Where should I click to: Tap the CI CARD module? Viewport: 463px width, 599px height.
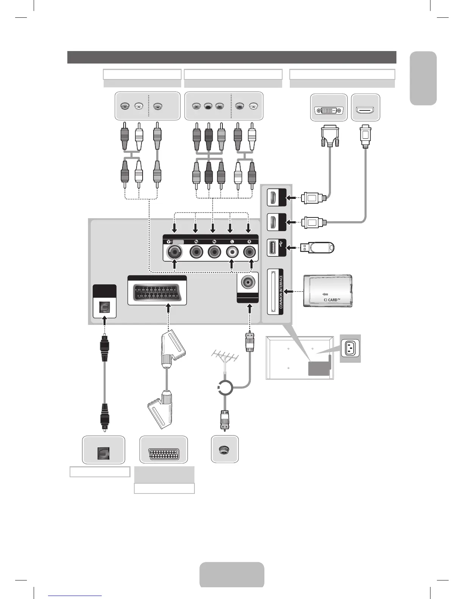(x=328, y=291)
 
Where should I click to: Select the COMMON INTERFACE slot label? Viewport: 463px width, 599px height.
(x=281, y=292)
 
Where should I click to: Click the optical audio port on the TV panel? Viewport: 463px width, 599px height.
(x=104, y=307)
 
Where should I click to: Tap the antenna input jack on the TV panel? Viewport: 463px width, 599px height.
(x=248, y=282)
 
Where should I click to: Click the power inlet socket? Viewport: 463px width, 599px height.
(x=350, y=348)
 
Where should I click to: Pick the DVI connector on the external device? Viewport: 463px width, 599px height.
(x=329, y=111)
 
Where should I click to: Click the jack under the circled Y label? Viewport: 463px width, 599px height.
(x=174, y=251)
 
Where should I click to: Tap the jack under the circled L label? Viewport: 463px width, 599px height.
(x=231, y=251)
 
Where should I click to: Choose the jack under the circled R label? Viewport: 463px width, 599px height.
(x=249, y=251)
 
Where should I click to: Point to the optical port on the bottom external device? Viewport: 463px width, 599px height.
(x=104, y=453)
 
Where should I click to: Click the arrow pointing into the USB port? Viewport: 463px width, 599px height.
(x=292, y=248)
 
